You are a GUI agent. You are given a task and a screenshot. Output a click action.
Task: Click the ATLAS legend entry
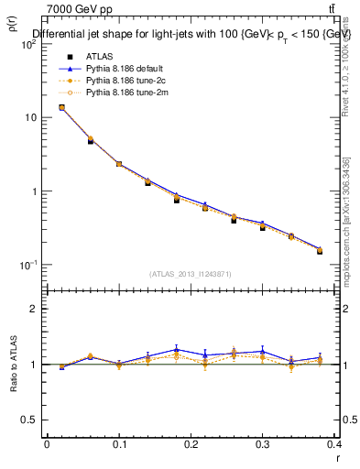click(98, 57)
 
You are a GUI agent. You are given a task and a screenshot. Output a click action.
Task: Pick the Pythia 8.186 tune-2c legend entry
click(123, 81)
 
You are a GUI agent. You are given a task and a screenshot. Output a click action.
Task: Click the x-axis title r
click(337, 455)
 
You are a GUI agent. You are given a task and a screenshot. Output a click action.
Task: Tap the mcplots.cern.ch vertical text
click(345, 216)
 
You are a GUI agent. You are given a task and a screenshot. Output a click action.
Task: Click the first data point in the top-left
click(61, 107)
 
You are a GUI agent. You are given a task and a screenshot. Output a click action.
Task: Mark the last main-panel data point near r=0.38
click(320, 250)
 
